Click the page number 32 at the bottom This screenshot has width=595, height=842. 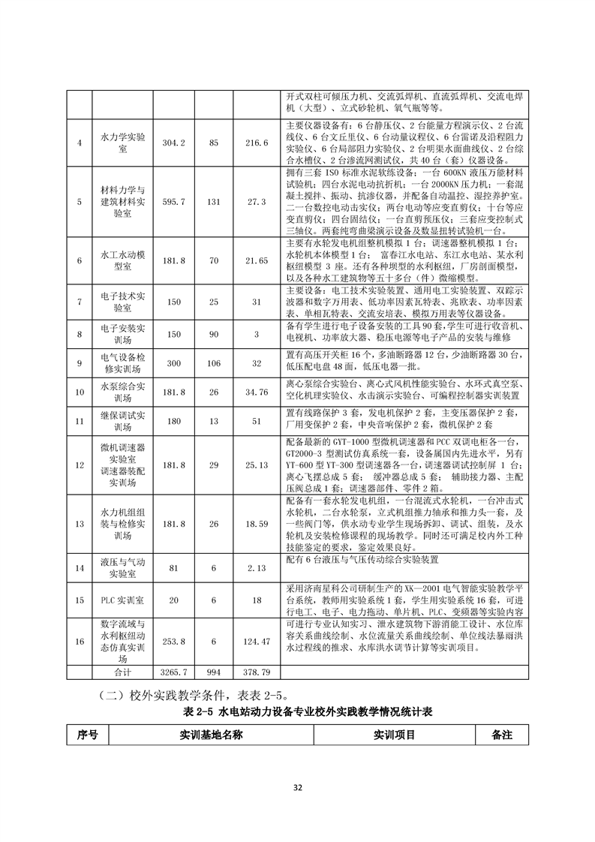[x=297, y=787]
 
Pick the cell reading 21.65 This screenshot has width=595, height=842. [x=257, y=260]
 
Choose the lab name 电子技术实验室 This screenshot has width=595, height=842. [x=122, y=302]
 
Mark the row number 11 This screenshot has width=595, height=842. [x=80, y=421]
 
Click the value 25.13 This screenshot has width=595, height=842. [x=257, y=465]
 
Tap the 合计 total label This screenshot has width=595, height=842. [x=122, y=672]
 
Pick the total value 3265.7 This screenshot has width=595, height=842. [x=174, y=672]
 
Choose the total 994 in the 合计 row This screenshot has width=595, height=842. [x=214, y=672]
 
